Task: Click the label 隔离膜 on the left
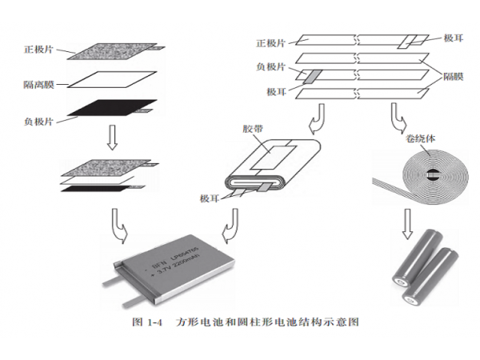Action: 39,84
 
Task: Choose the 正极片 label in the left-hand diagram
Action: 39,50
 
